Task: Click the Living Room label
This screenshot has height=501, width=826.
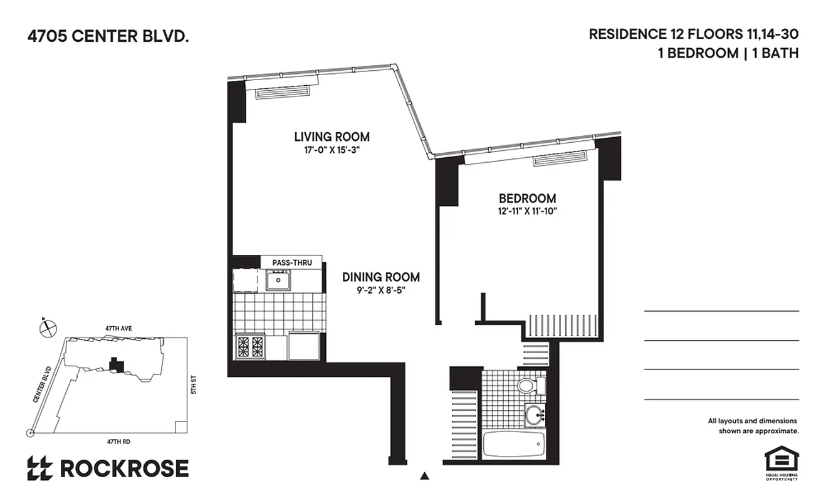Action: pos(332,137)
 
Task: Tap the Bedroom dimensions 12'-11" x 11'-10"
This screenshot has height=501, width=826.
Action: pos(524,212)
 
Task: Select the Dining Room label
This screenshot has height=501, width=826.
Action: pos(380,277)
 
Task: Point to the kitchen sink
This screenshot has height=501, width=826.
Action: pos(278,280)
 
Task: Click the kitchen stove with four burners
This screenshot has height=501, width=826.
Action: pos(250,346)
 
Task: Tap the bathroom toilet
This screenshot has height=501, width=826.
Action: pos(527,385)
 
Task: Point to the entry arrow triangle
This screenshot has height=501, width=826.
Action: pos(425,477)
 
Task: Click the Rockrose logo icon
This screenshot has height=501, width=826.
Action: pos(39,468)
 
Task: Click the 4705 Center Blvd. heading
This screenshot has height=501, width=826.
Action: pos(107,37)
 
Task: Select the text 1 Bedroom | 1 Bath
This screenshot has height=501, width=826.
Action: pos(728,53)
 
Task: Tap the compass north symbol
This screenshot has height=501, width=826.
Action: pos(48,326)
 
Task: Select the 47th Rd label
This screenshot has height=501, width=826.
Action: pos(118,442)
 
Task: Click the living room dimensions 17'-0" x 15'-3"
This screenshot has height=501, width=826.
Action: pos(332,150)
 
